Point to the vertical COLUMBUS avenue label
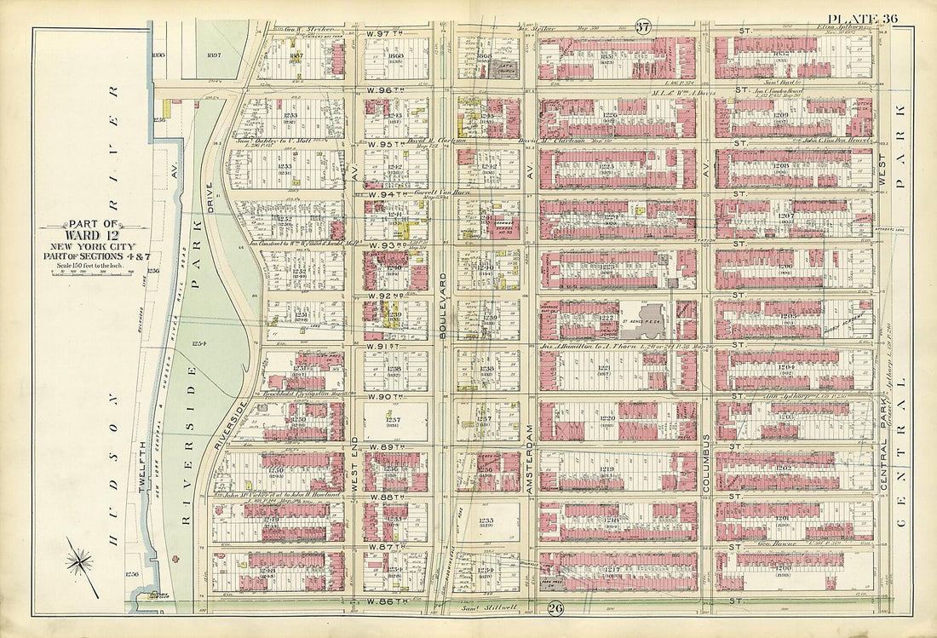point(706,460)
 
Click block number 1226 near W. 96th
point(610,115)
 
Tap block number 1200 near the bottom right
point(783,566)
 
